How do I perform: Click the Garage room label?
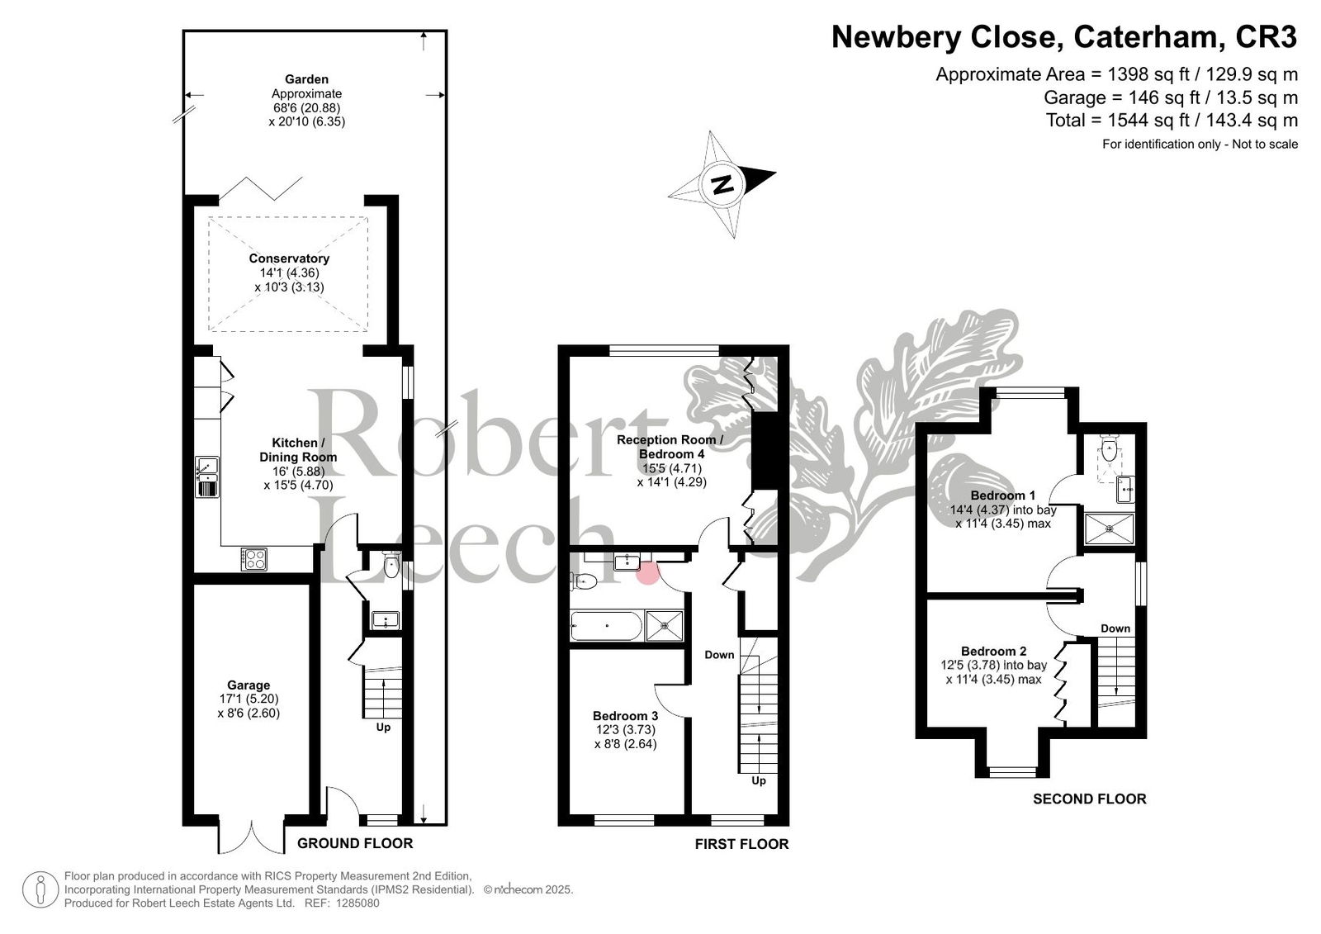[249, 685]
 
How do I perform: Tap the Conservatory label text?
[289, 258]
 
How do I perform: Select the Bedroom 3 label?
[625, 716]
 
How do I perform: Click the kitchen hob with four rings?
[254, 559]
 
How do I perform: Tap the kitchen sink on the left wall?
[206, 476]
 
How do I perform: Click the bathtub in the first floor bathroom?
[606, 625]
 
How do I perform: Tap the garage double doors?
[252, 836]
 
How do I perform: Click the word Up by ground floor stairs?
[383, 728]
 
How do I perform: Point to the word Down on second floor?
[1115, 628]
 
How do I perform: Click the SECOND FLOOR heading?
[1089, 799]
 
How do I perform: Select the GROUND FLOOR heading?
[355, 843]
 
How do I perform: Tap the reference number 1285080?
[358, 903]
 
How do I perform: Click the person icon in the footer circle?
[40, 889]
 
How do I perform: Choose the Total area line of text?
[1172, 121]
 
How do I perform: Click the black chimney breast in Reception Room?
[767, 450]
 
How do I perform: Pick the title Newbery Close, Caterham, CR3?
[1064, 36]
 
